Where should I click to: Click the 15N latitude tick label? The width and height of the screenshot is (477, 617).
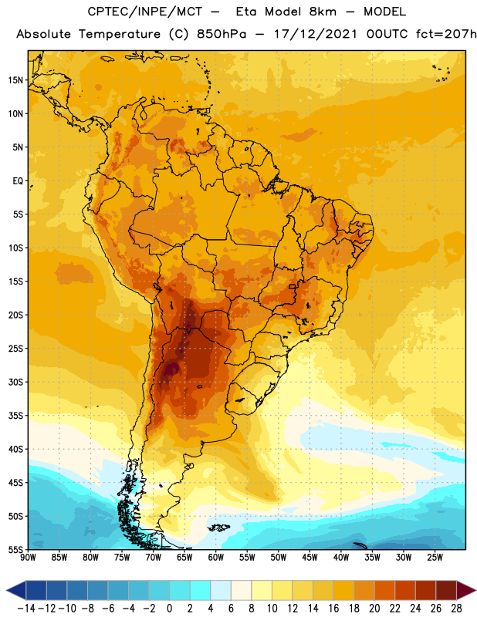click(15, 80)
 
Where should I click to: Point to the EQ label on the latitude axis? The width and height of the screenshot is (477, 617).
click(18, 181)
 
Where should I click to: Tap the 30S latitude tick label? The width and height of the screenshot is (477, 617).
click(15, 382)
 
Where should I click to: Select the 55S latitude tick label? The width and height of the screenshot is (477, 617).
click(15, 550)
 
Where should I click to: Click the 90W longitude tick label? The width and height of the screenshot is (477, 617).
click(28, 557)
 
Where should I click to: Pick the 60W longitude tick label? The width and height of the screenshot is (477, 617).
click(216, 557)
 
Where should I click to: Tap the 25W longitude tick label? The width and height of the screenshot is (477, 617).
click(435, 557)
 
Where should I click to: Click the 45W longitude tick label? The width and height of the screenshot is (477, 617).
click(310, 557)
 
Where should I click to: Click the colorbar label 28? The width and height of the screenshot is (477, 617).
click(456, 609)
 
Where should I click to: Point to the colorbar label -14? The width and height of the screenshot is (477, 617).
click(26, 609)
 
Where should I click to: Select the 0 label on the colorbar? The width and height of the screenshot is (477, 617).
click(169, 609)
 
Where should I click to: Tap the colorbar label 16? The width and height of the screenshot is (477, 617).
click(333, 609)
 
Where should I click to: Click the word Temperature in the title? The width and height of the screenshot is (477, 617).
click(120, 34)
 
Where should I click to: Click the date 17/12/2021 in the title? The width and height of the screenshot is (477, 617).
click(316, 34)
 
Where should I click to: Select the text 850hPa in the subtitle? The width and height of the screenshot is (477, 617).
click(222, 34)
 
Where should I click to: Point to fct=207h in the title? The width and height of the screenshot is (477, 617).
click(446, 34)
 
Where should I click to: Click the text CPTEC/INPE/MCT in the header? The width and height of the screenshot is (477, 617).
click(145, 12)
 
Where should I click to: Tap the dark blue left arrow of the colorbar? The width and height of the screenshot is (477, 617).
click(15, 590)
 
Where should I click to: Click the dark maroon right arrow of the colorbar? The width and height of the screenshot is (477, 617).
click(466, 590)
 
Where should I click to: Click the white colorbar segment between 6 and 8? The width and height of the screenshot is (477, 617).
click(241, 590)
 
